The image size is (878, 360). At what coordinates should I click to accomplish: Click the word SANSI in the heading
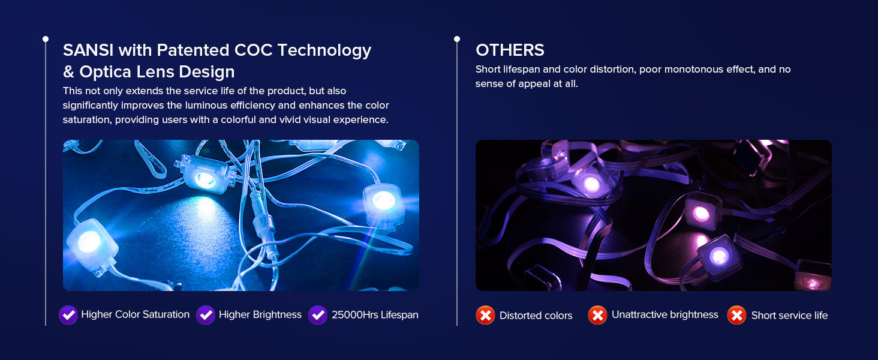(x=88, y=50)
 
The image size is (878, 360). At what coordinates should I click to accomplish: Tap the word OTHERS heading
(x=510, y=50)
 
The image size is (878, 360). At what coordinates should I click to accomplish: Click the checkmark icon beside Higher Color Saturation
(x=68, y=315)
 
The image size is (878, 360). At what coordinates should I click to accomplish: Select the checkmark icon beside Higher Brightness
(x=206, y=315)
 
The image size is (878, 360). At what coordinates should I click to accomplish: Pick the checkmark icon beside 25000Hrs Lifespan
(x=318, y=315)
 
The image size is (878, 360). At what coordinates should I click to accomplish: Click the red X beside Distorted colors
(x=485, y=315)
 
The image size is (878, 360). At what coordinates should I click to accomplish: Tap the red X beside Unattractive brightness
(x=597, y=315)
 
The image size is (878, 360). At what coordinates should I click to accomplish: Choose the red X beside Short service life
(x=737, y=315)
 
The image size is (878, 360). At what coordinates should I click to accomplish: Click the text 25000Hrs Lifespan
(x=375, y=315)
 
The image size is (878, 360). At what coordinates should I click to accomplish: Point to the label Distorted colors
(x=536, y=316)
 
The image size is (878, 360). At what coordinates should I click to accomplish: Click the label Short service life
(x=789, y=316)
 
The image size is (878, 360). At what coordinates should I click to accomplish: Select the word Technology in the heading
(x=324, y=51)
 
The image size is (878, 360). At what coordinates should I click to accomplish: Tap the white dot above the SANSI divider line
(x=46, y=39)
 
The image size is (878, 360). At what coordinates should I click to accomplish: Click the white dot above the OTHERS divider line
(x=457, y=39)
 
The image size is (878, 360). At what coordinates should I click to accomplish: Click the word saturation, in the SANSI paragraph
(x=87, y=120)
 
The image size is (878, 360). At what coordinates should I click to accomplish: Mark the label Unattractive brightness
(x=665, y=315)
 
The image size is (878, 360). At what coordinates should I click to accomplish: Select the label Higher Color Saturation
(x=135, y=314)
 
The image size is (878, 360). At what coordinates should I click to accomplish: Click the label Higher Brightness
(x=260, y=315)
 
